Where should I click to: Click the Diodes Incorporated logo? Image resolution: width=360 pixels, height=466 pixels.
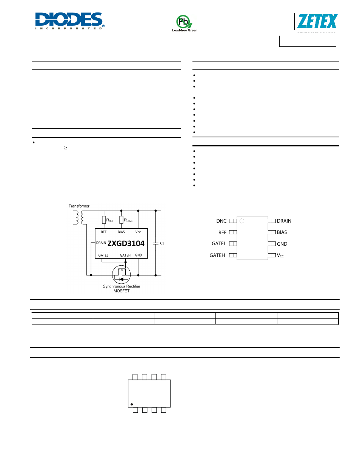[69, 21]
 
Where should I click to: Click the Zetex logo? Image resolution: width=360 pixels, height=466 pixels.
[317, 22]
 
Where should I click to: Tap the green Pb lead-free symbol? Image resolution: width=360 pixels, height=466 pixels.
[184, 22]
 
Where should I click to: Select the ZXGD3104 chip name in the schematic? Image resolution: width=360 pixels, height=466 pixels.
[126, 243]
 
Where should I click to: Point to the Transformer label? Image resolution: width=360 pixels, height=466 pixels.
[79, 206]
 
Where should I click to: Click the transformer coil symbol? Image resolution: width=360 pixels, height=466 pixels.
[78, 217]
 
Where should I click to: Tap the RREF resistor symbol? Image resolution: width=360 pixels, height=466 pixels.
[104, 220]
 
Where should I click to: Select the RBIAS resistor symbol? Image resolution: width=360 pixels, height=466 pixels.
[122, 220]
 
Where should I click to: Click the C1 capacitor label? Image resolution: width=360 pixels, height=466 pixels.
[162, 243]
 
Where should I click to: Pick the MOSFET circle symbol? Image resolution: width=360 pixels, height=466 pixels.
[122, 275]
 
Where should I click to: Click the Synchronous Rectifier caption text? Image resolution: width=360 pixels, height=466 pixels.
[122, 286]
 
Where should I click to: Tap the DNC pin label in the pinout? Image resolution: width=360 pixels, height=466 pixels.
[221, 221]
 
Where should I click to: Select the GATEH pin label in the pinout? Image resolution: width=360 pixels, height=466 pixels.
[217, 255]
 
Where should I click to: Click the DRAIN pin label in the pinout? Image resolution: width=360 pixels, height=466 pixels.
[284, 221]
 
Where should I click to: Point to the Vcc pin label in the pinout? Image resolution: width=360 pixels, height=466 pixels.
[280, 255]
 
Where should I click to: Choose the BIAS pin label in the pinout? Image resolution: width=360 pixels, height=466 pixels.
[282, 232]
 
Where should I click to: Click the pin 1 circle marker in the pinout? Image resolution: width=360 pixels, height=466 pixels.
[242, 221]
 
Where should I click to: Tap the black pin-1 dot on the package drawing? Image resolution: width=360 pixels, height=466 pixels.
[132, 404]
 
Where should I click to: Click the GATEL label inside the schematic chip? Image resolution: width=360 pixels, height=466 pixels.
[103, 255]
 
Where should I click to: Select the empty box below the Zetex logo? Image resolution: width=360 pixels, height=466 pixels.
[308, 41]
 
